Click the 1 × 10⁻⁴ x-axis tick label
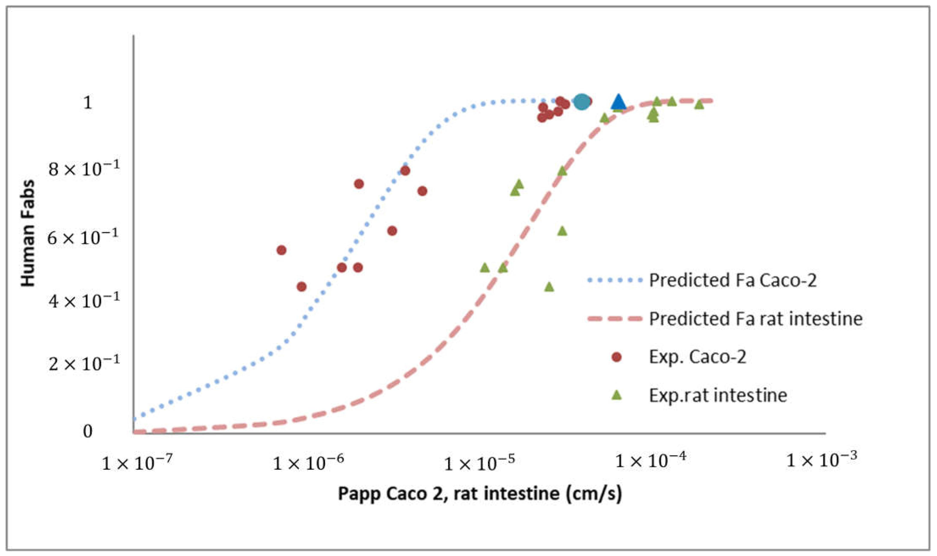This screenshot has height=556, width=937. (x=650, y=460)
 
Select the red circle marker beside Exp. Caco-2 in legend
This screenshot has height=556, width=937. (x=616, y=357)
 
